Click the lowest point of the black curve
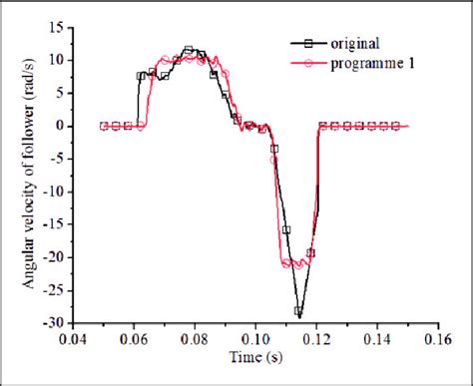tap(297, 313)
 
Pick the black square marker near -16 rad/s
tap(286, 230)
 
